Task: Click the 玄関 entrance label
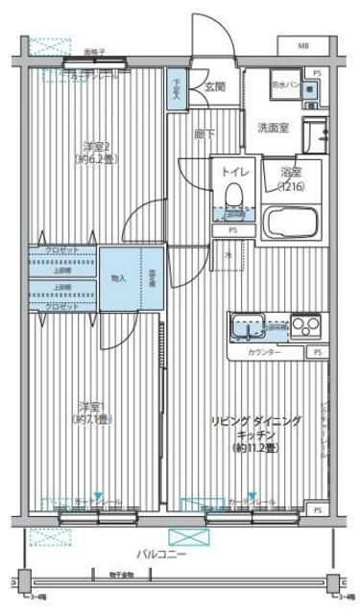[213, 86]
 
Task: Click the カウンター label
[264, 353]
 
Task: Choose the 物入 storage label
[118, 278]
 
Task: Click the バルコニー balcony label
[160, 555]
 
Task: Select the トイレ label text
[232, 171]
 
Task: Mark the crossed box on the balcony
[186, 537]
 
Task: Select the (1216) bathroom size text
[293, 185]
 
